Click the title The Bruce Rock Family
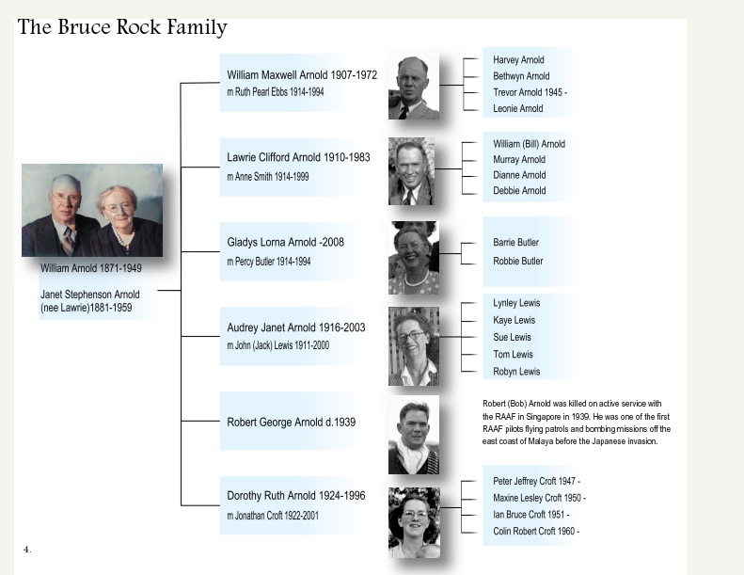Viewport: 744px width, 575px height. pos(122,27)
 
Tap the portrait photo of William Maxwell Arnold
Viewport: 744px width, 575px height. pos(414,86)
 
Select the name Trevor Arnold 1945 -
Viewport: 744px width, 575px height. pos(530,92)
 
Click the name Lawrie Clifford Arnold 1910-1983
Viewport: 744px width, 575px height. pos(298,157)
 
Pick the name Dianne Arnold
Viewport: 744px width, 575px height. pos(519,175)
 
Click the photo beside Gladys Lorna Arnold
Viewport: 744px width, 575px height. pos(414,257)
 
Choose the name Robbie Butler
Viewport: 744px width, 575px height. pos(517,261)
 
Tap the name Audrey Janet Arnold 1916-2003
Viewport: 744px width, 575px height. pos(296,327)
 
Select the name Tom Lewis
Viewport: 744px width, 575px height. pos(513,354)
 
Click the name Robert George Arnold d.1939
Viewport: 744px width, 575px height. pos(291,422)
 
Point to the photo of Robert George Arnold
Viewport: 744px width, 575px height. pos(414,434)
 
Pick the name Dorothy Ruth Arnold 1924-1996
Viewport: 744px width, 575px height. pos(296,495)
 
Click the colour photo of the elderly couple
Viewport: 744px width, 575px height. pos(92,210)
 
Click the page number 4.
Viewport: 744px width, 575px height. pos(27,548)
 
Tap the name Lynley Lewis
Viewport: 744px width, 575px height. pos(516,303)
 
